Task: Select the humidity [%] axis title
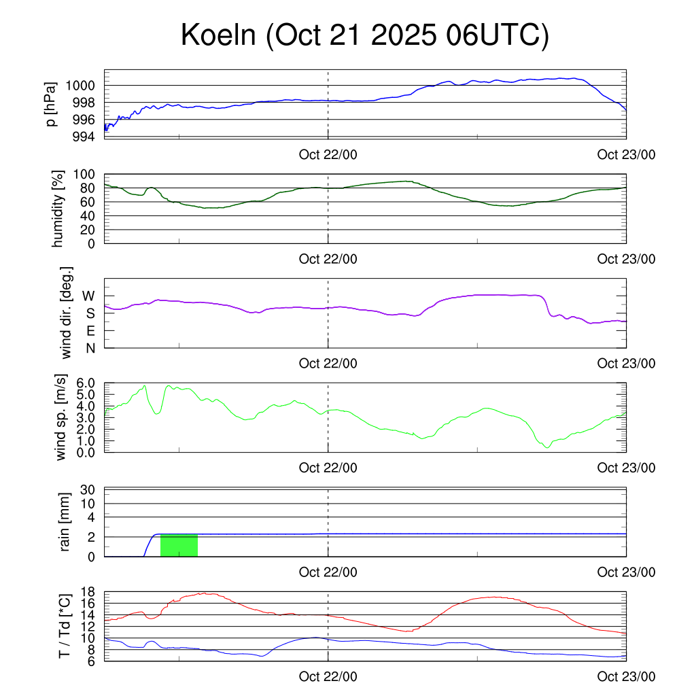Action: [x=58, y=209]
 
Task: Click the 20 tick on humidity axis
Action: [x=89, y=230]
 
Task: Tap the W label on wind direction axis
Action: [x=89, y=296]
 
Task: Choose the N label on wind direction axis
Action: [x=90, y=348]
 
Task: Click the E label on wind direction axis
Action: [x=90, y=331]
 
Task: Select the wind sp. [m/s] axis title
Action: [x=62, y=417]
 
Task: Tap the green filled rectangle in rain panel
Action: [x=179, y=545]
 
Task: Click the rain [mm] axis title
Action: [x=65, y=522]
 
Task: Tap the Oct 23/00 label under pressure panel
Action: [x=626, y=154]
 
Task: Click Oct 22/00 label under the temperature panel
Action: [x=328, y=678]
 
